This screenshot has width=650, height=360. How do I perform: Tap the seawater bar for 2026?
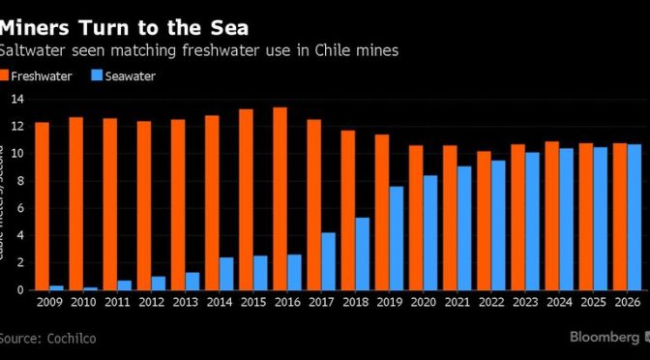pos(634,217)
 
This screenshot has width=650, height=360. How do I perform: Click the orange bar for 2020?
pos(416,218)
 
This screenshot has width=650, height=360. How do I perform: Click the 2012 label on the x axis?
pos(152,303)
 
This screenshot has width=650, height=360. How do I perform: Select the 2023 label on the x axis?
pos(524,303)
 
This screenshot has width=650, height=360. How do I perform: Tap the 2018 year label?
pos(355,303)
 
